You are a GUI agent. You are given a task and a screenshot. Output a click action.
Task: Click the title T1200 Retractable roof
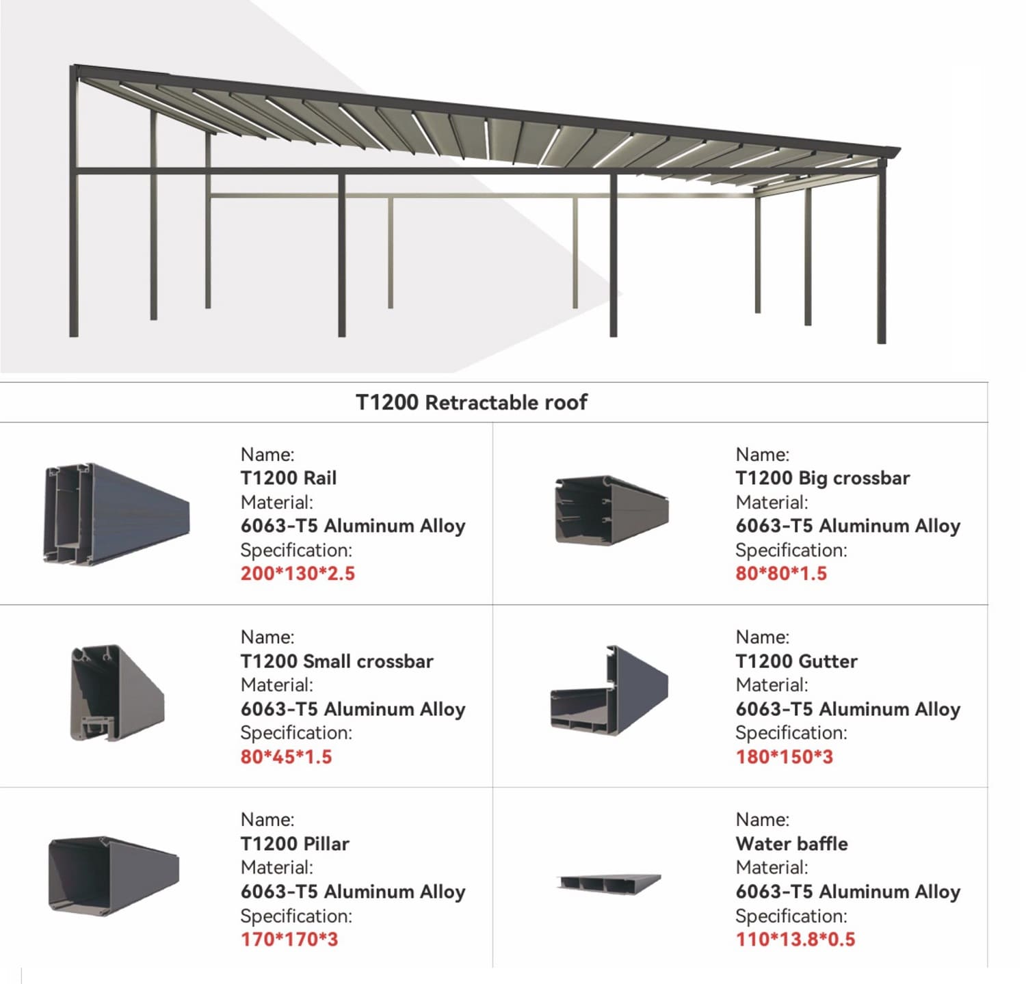click(471, 402)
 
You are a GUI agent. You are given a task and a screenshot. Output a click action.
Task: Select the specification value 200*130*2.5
click(298, 573)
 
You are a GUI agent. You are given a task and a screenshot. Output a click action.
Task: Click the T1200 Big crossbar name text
click(822, 478)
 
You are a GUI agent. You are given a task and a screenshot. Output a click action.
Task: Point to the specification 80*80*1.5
click(780, 573)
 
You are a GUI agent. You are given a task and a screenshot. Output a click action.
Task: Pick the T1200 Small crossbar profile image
click(117, 693)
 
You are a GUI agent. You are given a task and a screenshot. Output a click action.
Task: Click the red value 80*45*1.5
click(286, 757)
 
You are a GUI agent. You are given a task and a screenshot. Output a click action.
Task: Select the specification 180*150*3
click(784, 757)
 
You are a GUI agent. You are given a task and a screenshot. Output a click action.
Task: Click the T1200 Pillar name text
click(295, 844)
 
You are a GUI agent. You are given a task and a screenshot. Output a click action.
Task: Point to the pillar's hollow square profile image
click(113, 875)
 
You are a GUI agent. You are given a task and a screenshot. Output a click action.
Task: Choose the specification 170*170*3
click(289, 940)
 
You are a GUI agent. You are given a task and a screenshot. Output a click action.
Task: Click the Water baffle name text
click(791, 844)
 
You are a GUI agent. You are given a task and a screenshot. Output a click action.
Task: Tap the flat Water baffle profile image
click(609, 883)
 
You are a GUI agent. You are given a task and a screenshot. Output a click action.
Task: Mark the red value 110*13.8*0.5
click(795, 940)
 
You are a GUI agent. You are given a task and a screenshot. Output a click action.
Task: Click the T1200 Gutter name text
click(796, 661)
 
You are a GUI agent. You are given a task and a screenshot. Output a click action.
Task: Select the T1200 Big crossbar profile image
click(611, 509)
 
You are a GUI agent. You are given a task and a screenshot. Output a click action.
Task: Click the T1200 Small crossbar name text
click(337, 661)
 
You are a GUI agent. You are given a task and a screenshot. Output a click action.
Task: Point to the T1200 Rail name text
click(288, 478)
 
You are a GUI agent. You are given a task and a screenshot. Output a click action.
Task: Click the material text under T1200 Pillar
click(352, 892)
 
